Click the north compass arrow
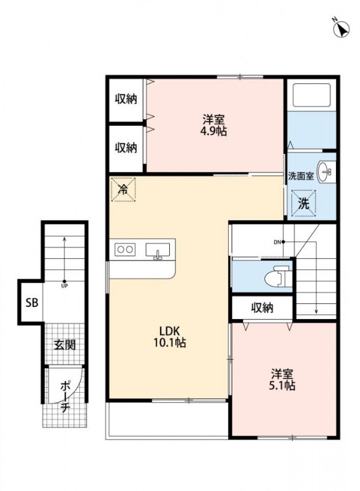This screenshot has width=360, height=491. click(x=342, y=29)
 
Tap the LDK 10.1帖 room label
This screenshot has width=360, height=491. click(x=169, y=336)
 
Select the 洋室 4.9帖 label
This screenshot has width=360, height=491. click(x=213, y=125)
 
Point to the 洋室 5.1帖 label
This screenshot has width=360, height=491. click(x=282, y=379)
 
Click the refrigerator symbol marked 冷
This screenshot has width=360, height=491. click(x=123, y=190)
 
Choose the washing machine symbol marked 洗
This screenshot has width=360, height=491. click(x=303, y=204)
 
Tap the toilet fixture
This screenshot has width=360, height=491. click(x=278, y=277)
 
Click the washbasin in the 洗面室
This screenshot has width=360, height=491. click(x=326, y=172)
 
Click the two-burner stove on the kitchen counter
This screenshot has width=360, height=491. click(x=124, y=250)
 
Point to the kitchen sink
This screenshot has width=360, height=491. click(x=158, y=250)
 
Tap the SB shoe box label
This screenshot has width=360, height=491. click(x=32, y=303)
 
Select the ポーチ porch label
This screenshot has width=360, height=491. click(x=65, y=396)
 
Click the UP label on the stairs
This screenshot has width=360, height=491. click(x=64, y=285)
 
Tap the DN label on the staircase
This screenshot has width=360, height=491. click(x=277, y=242)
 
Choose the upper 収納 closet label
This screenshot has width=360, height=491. click(x=126, y=99)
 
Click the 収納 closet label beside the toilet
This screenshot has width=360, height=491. click(x=262, y=308)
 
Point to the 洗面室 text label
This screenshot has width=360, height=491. click(x=301, y=176)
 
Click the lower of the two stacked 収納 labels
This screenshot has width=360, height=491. click(x=126, y=147)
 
